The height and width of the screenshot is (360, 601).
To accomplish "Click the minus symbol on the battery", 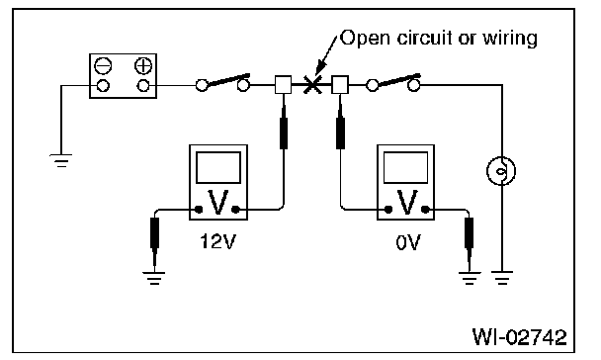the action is point(103,66).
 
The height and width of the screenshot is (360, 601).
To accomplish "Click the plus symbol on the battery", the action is point(143,66).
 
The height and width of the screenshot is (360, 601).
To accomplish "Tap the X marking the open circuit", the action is point(312,85).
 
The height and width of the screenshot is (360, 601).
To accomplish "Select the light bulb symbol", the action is point(501,171).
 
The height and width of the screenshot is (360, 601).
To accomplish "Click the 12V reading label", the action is point(217,242).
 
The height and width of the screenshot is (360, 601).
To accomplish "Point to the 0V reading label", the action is point(407,242).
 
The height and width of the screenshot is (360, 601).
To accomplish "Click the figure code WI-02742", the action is point(519,337).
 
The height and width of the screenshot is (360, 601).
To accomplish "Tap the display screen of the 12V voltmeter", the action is point(218,167).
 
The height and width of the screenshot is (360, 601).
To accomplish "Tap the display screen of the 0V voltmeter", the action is point(405,167).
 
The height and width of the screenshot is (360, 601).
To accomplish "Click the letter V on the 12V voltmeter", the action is point(217,202).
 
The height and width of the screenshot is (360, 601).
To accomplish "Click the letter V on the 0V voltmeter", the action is point(406,202).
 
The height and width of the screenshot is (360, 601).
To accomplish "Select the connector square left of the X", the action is point(284,85).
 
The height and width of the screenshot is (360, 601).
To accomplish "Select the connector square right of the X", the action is point(340,85).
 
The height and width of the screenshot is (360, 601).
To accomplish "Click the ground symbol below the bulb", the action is point(502,278).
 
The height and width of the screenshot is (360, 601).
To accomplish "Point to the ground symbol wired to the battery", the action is point(61,161).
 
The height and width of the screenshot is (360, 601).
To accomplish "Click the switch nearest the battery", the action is point(222,83).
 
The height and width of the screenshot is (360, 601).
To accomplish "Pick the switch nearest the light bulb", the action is point(393,83).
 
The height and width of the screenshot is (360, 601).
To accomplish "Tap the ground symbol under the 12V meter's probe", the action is point(154,278).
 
